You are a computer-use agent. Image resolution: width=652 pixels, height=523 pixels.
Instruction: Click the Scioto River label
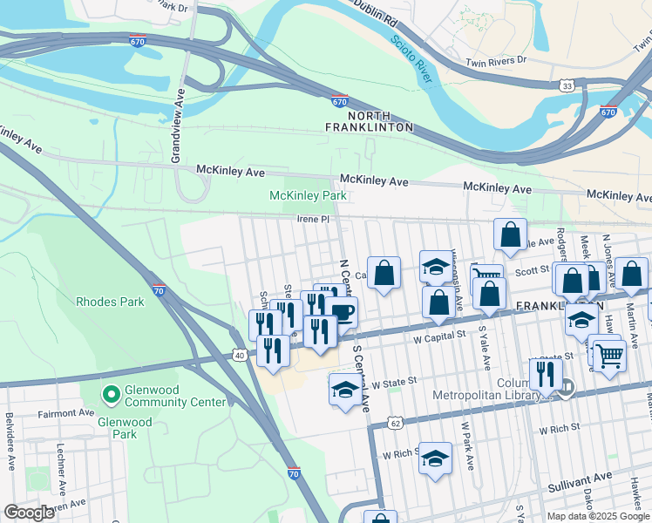click(409, 53)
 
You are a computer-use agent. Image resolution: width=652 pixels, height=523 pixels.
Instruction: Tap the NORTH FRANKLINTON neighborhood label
click(381, 121)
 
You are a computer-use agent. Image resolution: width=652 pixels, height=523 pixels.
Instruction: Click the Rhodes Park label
click(110, 302)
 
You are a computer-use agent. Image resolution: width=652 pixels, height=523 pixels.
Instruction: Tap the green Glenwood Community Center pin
click(111, 396)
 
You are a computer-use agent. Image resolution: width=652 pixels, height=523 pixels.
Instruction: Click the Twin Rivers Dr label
click(497, 61)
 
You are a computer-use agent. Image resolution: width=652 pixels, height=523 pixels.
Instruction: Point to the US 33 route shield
click(567, 86)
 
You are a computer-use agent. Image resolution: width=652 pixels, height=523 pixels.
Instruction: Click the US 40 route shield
click(239, 355)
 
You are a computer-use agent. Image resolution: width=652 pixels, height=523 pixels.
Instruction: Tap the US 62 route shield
click(396, 423)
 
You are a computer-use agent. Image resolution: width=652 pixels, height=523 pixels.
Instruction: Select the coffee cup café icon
click(342, 312)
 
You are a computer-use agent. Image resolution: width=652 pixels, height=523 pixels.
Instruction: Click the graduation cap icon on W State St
click(345, 390)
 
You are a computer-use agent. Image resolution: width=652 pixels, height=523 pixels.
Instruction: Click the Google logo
click(29, 513)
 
